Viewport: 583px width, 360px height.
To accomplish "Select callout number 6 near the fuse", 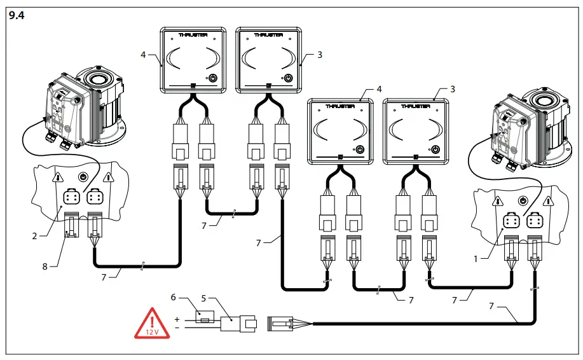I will pyautogui.click(x=172, y=296).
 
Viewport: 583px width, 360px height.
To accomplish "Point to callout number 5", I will pyautogui.click(x=204, y=296).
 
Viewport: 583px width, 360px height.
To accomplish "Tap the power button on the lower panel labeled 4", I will pyautogui.click(x=360, y=149).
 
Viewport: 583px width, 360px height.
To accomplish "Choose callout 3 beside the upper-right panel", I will pyautogui.click(x=320, y=55).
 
